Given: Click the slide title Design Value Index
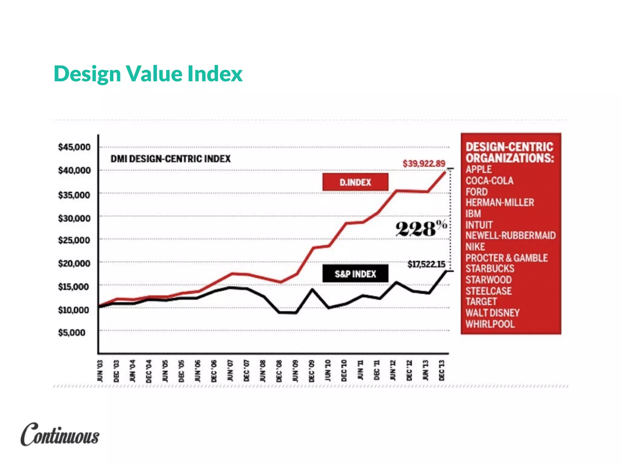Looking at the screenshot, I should pyautogui.click(x=148, y=74).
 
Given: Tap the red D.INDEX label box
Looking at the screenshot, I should pyautogui.click(x=355, y=182).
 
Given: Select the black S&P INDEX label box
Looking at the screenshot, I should pyautogui.click(x=355, y=274).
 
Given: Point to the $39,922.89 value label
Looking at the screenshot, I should pyautogui.click(x=424, y=164).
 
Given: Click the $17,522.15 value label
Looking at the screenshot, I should pyautogui.click(x=426, y=264).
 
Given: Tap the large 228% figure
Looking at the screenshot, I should pyautogui.click(x=421, y=228).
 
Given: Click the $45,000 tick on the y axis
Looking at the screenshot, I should pyautogui.click(x=74, y=147).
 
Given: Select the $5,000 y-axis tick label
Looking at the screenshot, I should pyautogui.click(x=72, y=333).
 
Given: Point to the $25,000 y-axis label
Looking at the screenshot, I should pyautogui.click(x=74, y=240).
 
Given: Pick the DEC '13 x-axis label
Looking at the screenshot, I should pyautogui.click(x=441, y=371).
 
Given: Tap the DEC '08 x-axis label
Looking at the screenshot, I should pyautogui.click(x=279, y=371).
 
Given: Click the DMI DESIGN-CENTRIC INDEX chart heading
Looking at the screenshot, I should pyautogui.click(x=170, y=159).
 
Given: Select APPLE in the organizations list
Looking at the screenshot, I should pyautogui.click(x=478, y=169).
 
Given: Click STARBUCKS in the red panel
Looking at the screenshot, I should pyautogui.click(x=490, y=268).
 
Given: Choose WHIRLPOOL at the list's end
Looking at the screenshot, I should pyautogui.click(x=490, y=324).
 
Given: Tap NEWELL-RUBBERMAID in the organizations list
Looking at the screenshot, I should pyautogui.click(x=510, y=235).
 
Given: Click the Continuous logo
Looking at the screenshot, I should pyautogui.click(x=60, y=434).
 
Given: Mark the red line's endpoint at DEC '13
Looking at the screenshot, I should pyautogui.click(x=445, y=172).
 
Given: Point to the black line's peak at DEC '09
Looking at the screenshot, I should pyautogui.click(x=312, y=289).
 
